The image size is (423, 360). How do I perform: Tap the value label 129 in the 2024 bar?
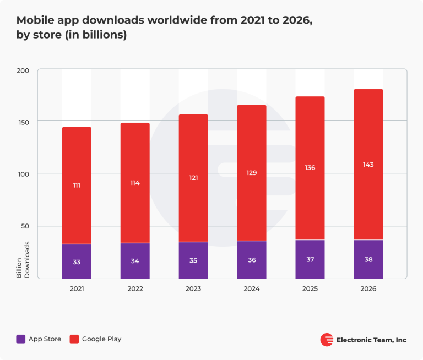pos(252,173)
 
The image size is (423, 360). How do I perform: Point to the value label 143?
pos(368,165)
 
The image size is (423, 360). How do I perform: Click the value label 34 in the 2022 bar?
pos(135,261)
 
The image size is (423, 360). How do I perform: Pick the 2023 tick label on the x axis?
pos(193,289)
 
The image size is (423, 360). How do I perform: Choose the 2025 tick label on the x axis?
pos(310,289)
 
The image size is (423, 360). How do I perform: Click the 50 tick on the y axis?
pos(25,226)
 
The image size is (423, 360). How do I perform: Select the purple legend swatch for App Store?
pos(21,339)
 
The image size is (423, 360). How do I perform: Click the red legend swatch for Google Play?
pos(74,339)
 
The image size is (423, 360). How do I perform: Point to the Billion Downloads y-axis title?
pos(23,259)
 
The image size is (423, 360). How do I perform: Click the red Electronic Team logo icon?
pos(327,340)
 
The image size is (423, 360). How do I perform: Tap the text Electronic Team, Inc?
pos(371,340)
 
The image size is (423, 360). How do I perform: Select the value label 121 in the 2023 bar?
pos(193,178)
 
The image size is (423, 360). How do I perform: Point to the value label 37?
pos(310,260)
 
